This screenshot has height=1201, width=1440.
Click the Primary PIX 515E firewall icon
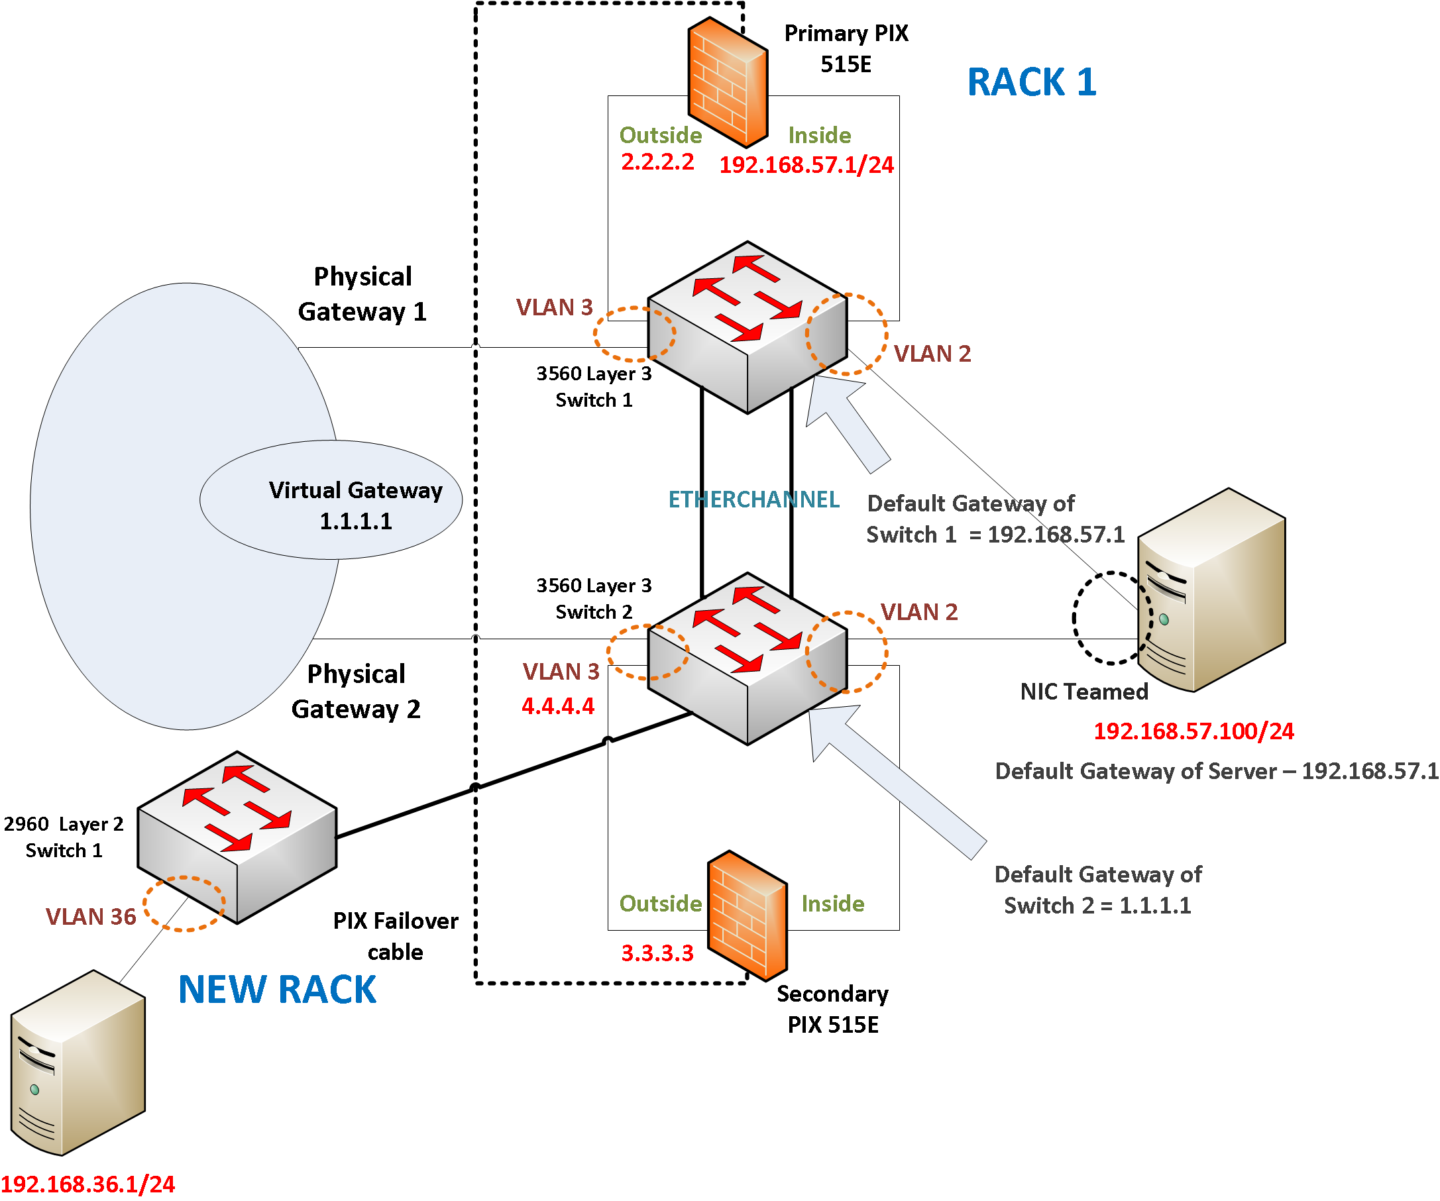pos(728,82)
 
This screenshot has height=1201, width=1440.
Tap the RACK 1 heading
pos(1031,82)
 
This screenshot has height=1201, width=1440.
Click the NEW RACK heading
pos(277,990)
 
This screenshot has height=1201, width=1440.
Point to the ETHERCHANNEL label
pos(753,499)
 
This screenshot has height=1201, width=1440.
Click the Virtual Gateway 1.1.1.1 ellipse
pos(331,499)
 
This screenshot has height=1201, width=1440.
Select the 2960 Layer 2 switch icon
pos(237,838)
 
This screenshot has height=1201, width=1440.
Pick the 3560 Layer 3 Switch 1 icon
pos(748,328)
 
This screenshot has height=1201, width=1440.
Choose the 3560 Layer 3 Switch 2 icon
pos(748,658)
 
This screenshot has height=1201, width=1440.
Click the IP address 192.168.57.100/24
pos(1194,731)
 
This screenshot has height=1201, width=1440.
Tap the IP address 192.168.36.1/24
pos(87,1184)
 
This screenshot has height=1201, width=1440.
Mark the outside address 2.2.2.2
pos(657,162)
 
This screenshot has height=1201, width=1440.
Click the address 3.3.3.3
pos(657,953)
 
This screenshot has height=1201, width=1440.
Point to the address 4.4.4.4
pos(558,706)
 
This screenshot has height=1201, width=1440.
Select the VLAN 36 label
pos(91,917)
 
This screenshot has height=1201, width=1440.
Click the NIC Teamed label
pos(1084,692)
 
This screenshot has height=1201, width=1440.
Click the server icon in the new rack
pos(78,1063)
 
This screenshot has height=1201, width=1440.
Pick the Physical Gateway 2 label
pos(356,692)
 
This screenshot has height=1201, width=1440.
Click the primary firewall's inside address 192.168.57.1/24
pos(806,164)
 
